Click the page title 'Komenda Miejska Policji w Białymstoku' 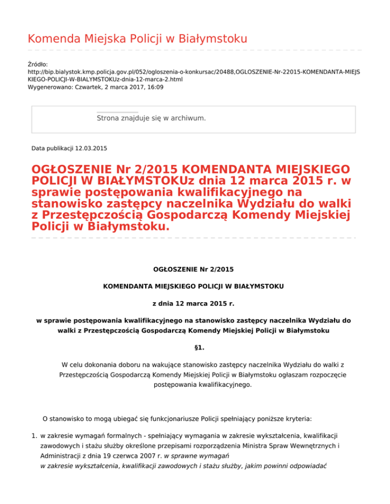tap(137, 39)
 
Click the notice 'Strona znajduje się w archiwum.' tap(151, 118)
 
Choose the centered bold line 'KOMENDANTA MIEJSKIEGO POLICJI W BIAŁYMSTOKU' tap(193, 286)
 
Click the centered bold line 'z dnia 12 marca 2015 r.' tap(193, 304)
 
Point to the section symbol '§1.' tap(193, 349)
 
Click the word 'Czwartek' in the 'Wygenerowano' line tap(83, 87)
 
